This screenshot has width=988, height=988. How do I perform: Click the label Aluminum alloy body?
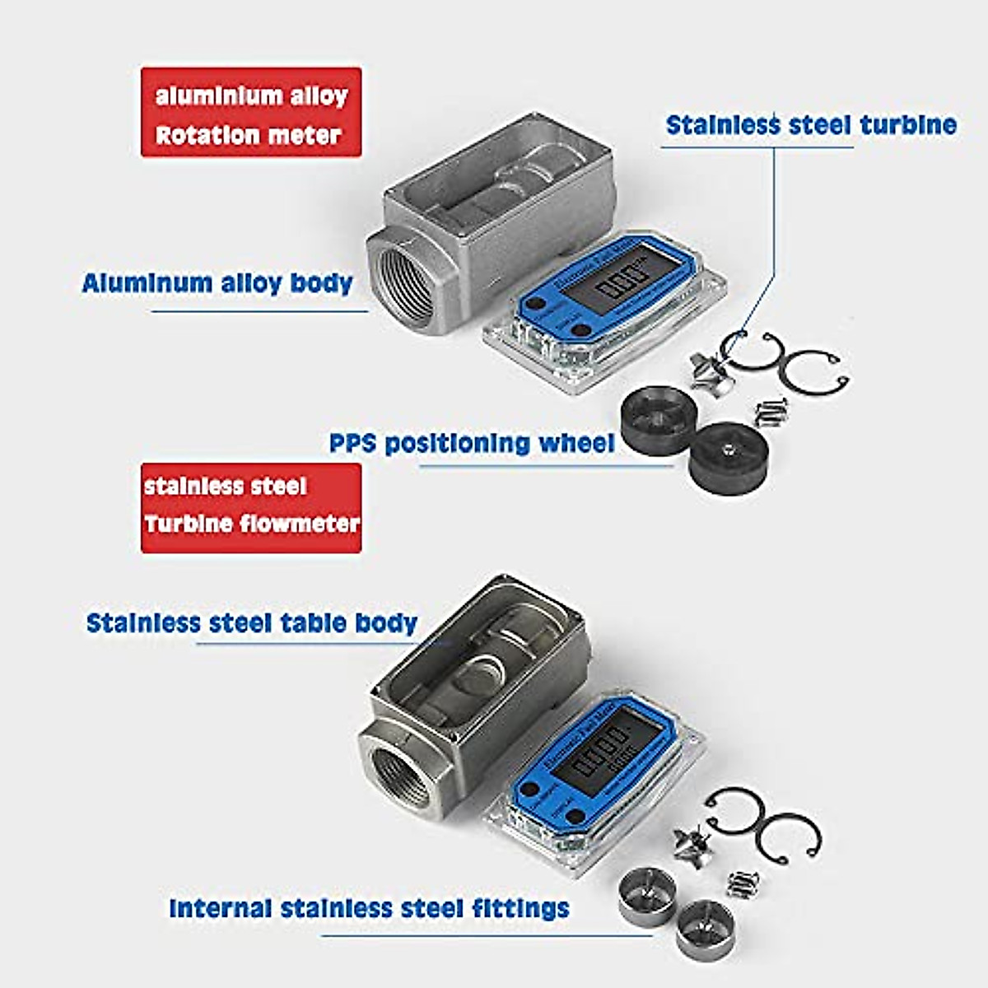[217, 283]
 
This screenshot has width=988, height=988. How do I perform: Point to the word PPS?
[353, 443]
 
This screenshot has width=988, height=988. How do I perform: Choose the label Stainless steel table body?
[252, 622]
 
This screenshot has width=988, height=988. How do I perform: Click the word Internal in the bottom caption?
[220, 908]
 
